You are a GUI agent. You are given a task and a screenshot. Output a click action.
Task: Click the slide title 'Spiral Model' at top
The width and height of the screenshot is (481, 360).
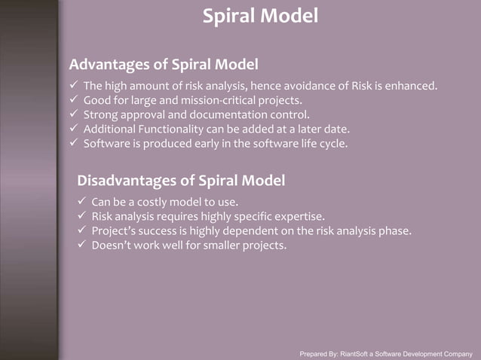[260, 15]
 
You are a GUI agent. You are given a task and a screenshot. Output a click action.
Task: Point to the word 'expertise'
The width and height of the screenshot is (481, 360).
[298, 216]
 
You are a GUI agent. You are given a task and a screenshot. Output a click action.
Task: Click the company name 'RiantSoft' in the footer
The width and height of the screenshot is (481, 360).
[358, 353]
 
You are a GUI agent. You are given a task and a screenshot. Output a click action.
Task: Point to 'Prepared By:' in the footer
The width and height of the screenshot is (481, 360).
[319, 353]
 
